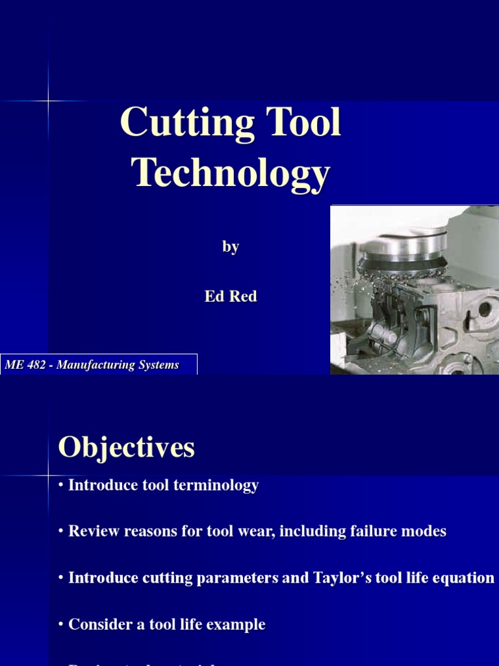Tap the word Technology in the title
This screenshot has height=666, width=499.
[x=231, y=174]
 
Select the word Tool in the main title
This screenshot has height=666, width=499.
[x=301, y=122]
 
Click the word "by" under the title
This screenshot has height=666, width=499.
[x=231, y=247]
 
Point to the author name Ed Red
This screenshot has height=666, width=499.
[x=231, y=297]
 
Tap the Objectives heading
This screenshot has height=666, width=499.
[x=126, y=447]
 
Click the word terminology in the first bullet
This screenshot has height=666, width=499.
[x=216, y=485]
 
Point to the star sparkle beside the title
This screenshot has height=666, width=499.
[x=49, y=101]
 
